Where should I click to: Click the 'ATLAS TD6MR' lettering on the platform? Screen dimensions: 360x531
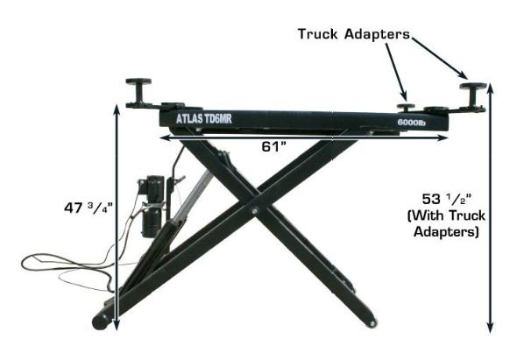point(202,117)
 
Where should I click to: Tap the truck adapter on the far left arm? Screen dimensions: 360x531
point(139,91)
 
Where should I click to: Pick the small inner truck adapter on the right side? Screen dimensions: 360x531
point(405,100)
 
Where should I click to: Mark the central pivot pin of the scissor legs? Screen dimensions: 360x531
point(253,210)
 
